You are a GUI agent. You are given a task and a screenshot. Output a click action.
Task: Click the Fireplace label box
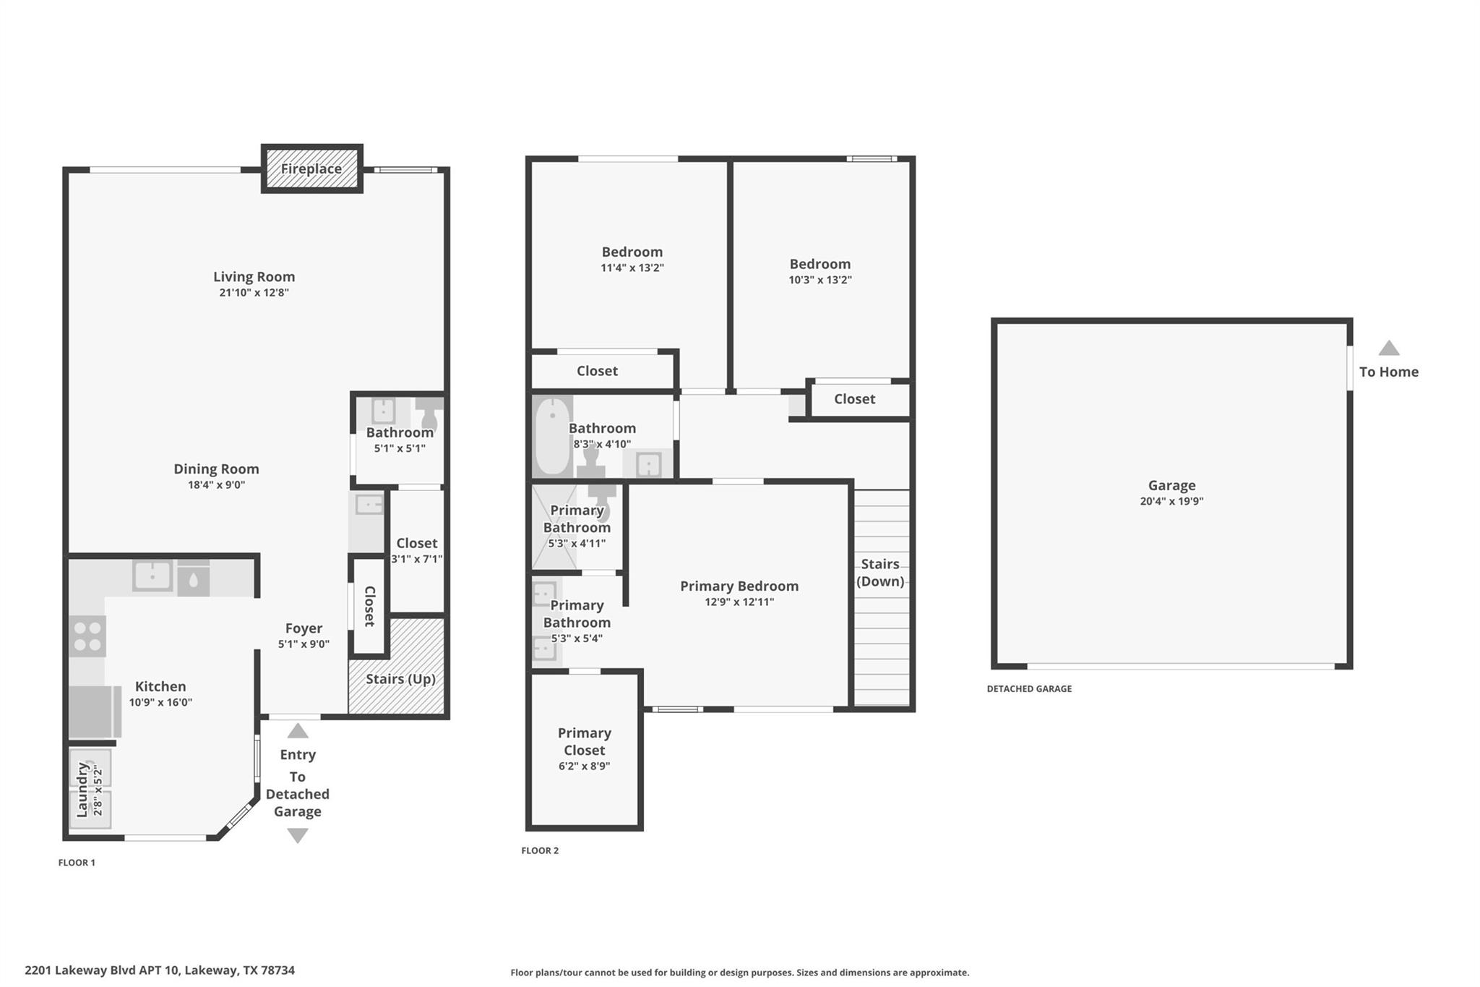[311, 168]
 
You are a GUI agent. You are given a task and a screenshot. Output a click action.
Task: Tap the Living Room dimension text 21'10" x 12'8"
[254, 293]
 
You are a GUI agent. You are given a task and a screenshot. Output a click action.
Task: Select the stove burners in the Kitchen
[87, 636]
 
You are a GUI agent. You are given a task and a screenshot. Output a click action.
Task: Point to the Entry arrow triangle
[298, 731]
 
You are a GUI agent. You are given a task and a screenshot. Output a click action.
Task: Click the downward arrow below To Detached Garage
[298, 835]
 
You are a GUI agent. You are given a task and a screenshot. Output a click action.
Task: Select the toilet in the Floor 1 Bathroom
[430, 414]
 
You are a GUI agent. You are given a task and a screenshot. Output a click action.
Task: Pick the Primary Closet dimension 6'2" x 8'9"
[584, 766]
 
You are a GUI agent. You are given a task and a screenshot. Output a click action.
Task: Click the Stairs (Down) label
[879, 573]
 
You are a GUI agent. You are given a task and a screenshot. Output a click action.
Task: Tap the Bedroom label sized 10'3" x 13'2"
[819, 264]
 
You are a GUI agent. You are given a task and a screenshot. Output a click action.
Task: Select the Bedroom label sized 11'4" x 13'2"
[632, 252]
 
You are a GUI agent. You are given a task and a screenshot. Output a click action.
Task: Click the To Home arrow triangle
[1388, 349]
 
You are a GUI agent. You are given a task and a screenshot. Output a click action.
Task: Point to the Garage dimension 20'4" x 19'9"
[1171, 501]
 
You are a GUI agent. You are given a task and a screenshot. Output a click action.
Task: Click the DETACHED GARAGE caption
[1029, 689]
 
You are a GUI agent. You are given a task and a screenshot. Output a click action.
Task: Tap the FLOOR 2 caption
[540, 850]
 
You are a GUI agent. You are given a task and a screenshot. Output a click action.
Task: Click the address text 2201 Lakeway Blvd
[160, 970]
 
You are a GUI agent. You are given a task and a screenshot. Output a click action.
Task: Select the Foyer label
[304, 628]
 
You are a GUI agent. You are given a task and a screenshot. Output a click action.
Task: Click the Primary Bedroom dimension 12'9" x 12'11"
[739, 602]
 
